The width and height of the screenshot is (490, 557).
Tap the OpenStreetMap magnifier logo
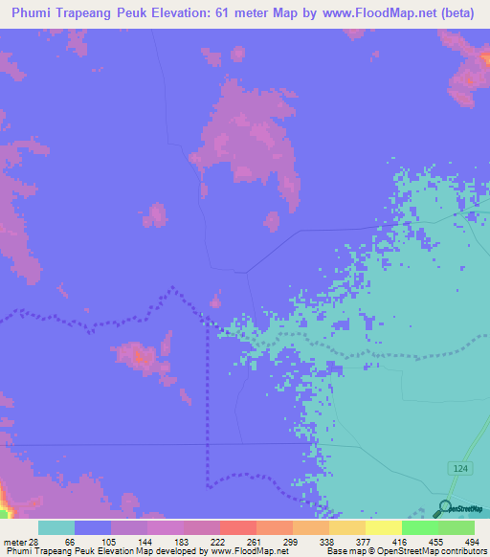coord(443,509)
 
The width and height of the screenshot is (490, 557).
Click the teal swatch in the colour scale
coord(56,527)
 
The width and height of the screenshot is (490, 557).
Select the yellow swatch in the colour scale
coord(384,527)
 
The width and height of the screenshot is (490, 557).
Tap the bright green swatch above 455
coord(420,527)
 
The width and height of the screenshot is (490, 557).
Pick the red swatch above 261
coord(238,527)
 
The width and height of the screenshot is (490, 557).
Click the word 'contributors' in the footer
coord(462,551)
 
